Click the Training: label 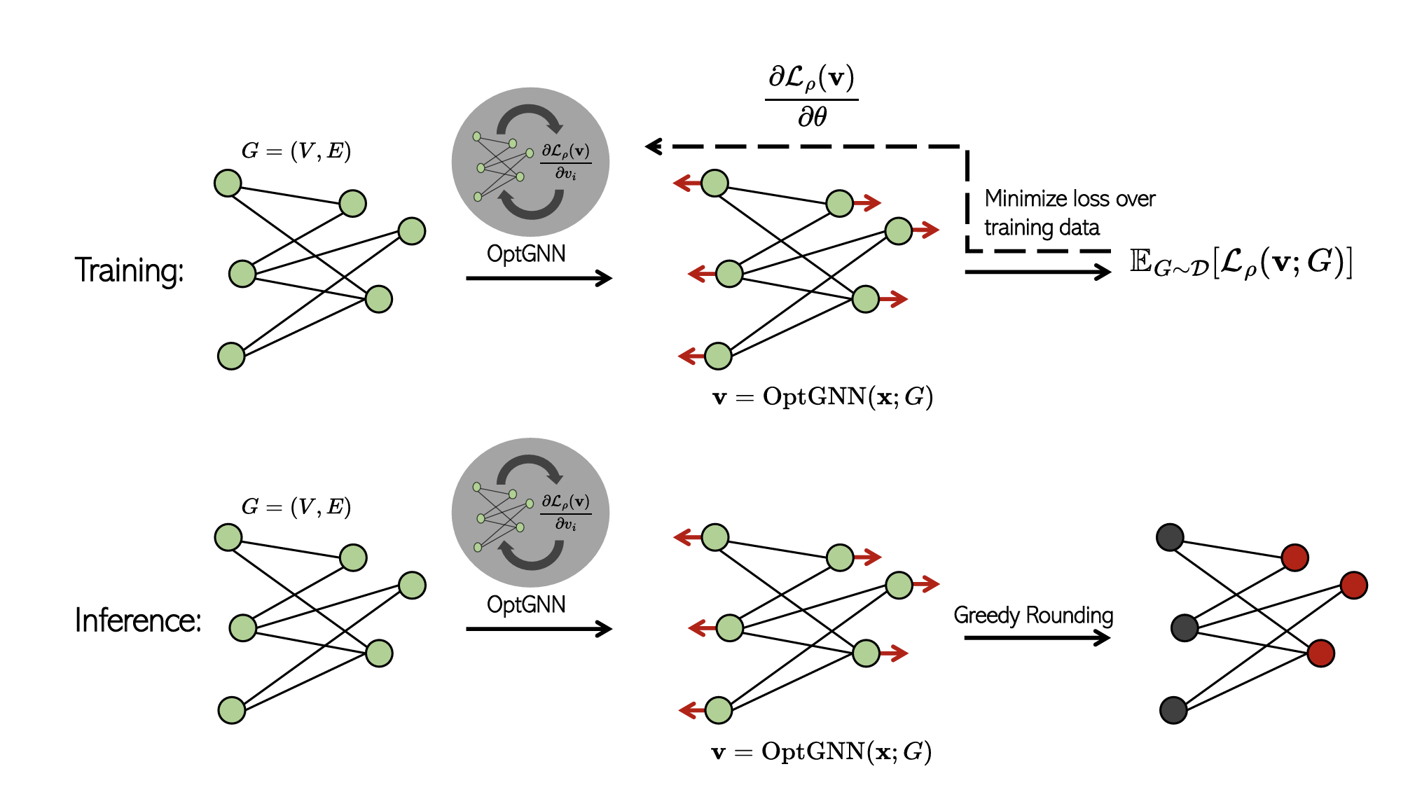[129, 270]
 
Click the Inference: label [138, 621]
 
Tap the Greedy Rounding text [1033, 615]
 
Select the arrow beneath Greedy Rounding [1037, 637]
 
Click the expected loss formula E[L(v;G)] [1241, 264]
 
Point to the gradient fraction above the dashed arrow [812, 96]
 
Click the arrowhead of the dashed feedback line [653, 146]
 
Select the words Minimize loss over [1070, 199]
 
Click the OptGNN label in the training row [526, 254]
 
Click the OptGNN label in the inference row [526, 604]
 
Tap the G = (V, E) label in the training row [296, 151]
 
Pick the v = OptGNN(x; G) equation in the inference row [821, 751]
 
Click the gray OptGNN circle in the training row [530, 162]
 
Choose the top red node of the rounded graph [1295, 557]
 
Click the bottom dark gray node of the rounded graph [1173, 710]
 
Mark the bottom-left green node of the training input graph [231, 356]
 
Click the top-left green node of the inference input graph [228, 538]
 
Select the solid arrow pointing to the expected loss [1037, 272]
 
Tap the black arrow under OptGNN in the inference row [539, 629]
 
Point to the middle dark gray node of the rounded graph [1185, 628]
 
